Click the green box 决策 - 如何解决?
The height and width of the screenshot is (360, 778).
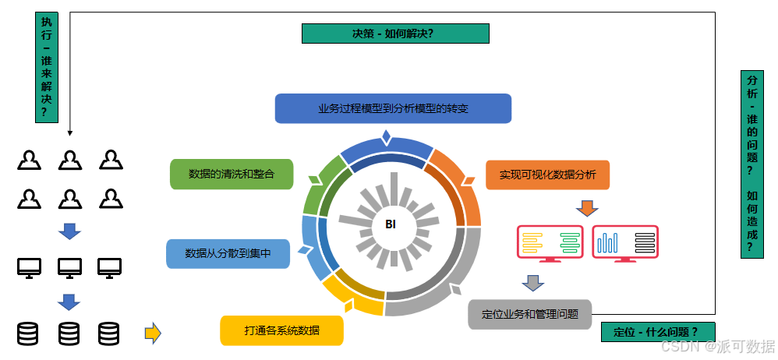pyautogui.click(x=394, y=34)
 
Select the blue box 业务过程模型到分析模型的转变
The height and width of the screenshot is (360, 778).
pyautogui.click(x=393, y=108)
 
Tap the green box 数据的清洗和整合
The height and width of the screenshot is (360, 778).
pyautogui.click(x=232, y=175)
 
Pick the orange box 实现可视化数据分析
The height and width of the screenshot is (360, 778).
pyautogui.click(x=547, y=175)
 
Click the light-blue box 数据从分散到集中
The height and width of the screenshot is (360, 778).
pyautogui.click(x=228, y=253)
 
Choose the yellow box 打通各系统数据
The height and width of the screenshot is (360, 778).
pyautogui.click(x=282, y=330)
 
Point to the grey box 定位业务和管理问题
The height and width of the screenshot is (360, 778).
pyautogui.click(x=529, y=314)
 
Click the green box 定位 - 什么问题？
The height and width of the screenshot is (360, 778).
pyautogui.click(x=658, y=332)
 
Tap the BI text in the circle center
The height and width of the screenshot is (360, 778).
pyautogui.click(x=391, y=224)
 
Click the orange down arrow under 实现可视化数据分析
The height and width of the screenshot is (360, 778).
pyautogui.click(x=586, y=208)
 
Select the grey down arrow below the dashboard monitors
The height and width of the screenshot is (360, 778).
pyautogui.click(x=533, y=281)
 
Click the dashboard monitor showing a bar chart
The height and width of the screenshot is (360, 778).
pyautogui.click(x=625, y=242)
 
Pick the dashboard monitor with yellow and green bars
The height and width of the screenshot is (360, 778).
pyautogui.click(x=550, y=242)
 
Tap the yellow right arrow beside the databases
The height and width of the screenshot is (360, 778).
pyautogui.click(x=153, y=334)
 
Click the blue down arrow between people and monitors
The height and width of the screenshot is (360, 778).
pyautogui.click(x=70, y=231)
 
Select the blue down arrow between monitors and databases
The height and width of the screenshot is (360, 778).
pyautogui.click(x=70, y=302)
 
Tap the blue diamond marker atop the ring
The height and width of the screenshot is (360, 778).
pyautogui.click(x=386, y=138)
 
